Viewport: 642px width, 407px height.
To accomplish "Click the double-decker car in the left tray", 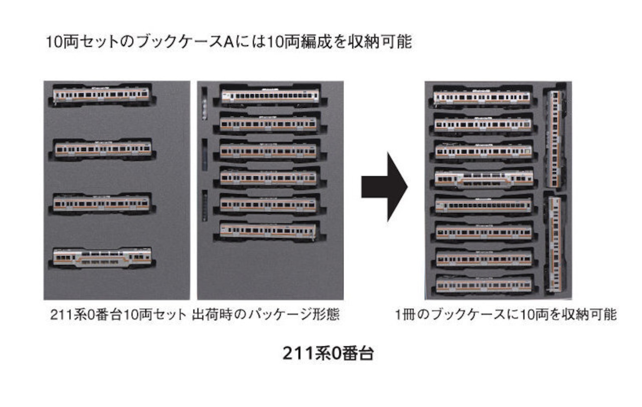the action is (102, 258).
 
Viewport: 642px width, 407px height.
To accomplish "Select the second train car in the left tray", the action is (103, 149).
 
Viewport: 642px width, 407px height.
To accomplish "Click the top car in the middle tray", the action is (270, 95).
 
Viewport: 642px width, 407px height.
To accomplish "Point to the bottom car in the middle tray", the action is (268, 231).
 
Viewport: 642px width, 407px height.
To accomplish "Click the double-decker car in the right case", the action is (484, 178).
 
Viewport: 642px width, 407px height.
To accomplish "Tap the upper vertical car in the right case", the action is (555, 139).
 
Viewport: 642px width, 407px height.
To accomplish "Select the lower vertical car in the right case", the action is (555, 245).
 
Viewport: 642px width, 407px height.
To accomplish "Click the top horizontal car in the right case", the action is (482, 97).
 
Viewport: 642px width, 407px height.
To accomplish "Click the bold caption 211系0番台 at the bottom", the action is (328, 353).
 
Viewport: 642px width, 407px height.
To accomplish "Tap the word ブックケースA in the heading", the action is (185, 42).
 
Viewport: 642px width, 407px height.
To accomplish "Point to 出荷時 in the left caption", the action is (213, 314).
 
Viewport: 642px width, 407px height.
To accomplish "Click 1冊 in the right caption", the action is (405, 314).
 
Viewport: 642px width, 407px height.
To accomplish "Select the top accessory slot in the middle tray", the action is (204, 104).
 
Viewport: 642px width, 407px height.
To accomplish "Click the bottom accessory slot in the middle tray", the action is (205, 206).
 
